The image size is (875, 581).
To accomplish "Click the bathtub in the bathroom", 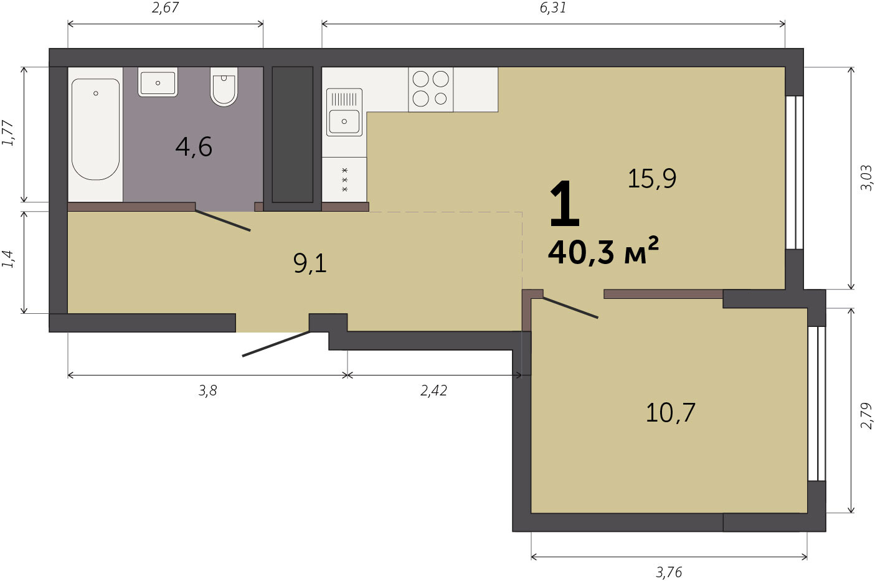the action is pos(96,129).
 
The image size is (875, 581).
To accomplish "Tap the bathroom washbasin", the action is pos(158,82).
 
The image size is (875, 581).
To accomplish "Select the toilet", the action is pos(224,87).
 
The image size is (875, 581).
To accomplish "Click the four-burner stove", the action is pos(431,90).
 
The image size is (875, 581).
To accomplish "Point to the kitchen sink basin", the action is pos(344,121).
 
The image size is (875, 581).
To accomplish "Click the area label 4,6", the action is pos(194,147).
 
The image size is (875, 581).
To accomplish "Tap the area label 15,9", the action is pos(652,178).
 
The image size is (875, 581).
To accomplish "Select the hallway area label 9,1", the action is pos(310,263).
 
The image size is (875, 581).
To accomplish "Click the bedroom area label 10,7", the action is pos(670,413).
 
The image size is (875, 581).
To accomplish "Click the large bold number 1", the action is pos(564,204).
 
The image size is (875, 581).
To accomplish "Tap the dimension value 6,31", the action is pos(553,8).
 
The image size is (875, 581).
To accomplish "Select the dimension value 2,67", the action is pos(165,8).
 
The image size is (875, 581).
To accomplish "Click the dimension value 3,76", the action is pos(669,572).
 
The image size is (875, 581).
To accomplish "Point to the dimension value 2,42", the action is pos(433,390).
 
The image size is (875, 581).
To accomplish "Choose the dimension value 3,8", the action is pos(207,390).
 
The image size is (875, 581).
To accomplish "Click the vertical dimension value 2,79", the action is pos(866,415).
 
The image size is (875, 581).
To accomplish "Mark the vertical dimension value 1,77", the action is pos(8,133).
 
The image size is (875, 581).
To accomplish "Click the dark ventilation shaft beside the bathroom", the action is pos(293,135).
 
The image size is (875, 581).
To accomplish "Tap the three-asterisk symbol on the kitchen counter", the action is pos(344,180).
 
